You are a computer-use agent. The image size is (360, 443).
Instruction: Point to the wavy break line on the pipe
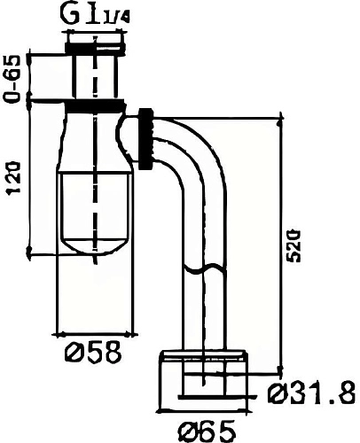[x=205, y=267]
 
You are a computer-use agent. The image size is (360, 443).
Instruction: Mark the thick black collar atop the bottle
[x=95, y=104]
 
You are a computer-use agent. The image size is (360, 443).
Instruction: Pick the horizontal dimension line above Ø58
[x=96, y=333]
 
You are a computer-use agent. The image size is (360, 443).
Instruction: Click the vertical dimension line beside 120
[x=31, y=177]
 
